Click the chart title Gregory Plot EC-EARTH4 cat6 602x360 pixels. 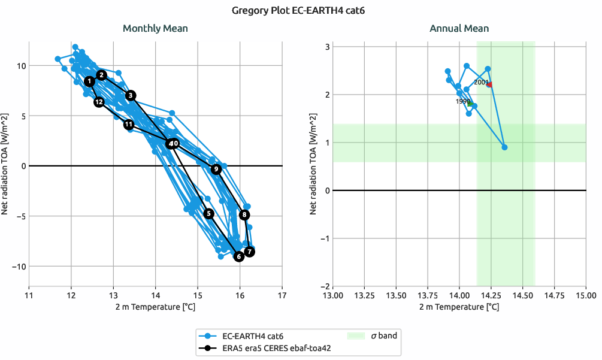pos(300,10)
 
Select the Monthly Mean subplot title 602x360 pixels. pos(155,28)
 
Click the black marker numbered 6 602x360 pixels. pos(238,256)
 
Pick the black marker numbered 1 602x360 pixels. pos(89,81)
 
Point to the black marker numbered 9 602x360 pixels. pos(216,170)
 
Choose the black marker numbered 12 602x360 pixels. pos(99,102)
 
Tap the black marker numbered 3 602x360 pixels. pos(131,95)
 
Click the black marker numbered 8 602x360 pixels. pos(244,215)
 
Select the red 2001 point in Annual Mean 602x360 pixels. pos(489,84)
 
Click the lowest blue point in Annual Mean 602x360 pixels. pos(504,147)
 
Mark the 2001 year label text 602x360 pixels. pos(481,82)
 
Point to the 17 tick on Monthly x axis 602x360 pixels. pos(282,295)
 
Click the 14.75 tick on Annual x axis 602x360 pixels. pos(554,295)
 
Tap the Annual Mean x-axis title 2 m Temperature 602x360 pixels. pos(459,307)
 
